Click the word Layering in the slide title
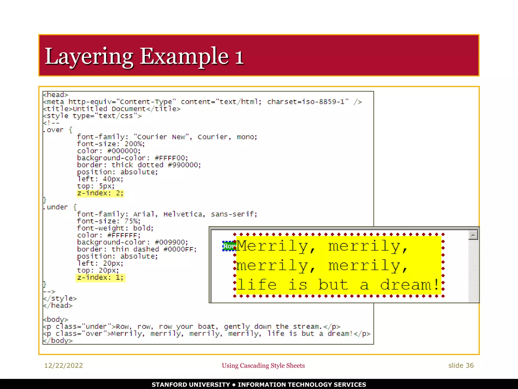pos(89,57)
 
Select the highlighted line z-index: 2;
pos(100,193)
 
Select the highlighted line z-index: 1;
pos(100,278)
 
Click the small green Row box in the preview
pos(229,246)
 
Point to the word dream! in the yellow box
pos(410,285)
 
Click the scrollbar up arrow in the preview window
pos(473,235)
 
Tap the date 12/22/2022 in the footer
pos(63,365)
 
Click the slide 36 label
pos(461,365)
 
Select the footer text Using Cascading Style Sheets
pos(263,365)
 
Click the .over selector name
pos(53,130)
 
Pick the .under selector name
pos(56,207)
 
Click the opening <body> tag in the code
pos(56,320)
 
